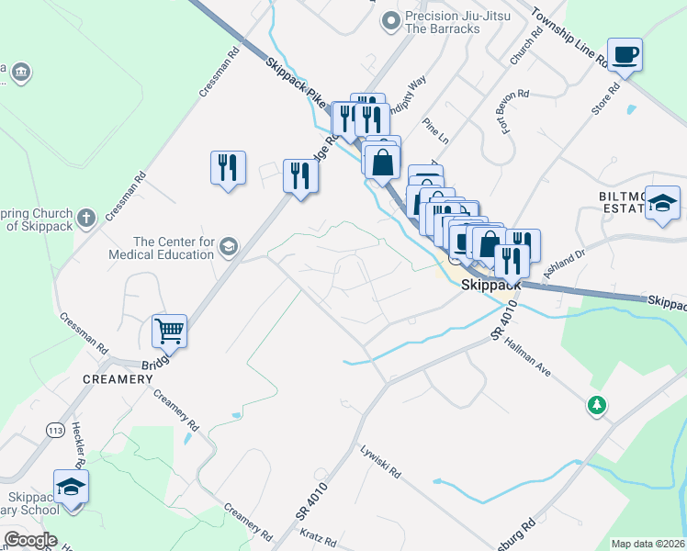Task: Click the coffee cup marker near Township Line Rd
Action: point(625,55)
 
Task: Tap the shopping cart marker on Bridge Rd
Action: point(169,331)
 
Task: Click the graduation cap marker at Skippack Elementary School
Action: point(71,488)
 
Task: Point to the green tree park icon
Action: point(597,404)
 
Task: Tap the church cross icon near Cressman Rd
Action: point(85,219)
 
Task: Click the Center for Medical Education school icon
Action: point(228,246)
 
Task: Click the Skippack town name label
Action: point(491,285)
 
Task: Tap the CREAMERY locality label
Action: point(117,379)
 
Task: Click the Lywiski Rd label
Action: point(381,461)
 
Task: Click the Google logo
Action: point(30,540)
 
